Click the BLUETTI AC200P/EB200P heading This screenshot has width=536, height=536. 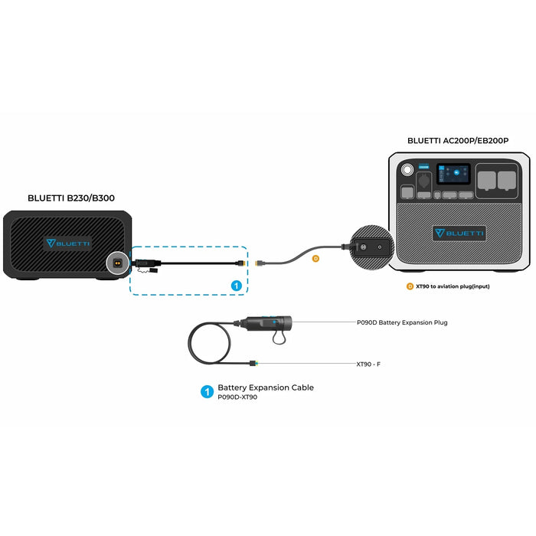click(458, 141)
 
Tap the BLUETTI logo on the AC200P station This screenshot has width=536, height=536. click(459, 233)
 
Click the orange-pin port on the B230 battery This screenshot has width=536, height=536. click(117, 263)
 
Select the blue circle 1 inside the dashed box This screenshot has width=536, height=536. click(237, 285)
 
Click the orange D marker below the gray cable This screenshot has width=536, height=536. click(315, 259)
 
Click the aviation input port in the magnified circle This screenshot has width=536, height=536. click(364, 247)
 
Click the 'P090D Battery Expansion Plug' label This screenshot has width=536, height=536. click(402, 323)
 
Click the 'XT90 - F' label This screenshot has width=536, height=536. click(368, 364)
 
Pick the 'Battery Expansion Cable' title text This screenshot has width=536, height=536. click(266, 387)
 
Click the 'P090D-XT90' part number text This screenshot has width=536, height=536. click(237, 398)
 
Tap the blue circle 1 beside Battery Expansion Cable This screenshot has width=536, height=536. click(206, 392)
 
